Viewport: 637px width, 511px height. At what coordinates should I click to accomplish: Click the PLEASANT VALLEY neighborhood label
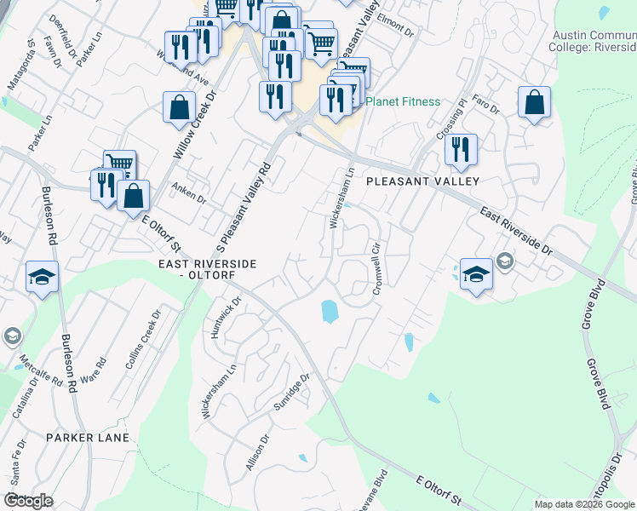(x=423, y=181)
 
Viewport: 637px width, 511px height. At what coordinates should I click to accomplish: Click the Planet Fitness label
(x=403, y=102)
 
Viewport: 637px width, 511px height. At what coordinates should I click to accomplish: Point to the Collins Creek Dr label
(x=142, y=339)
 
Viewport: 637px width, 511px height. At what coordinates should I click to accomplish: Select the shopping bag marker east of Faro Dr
(x=534, y=103)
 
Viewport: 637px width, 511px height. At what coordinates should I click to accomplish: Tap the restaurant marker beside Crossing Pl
(x=460, y=149)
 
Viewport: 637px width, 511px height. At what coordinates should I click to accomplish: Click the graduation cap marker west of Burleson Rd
(x=42, y=277)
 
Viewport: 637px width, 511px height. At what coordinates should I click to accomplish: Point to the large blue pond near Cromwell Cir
(x=329, y=312)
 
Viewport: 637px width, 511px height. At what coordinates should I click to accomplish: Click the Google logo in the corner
(x=28, y=501)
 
